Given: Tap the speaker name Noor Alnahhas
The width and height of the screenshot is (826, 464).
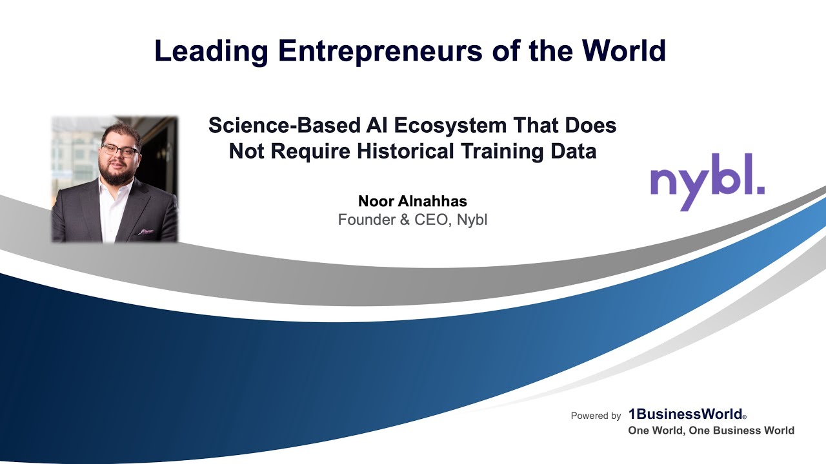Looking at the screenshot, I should tap(412, 200).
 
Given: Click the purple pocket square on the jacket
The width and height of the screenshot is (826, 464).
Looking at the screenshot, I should tap(146, 230).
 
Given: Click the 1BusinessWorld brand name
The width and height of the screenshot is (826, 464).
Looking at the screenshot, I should tap(686, 415).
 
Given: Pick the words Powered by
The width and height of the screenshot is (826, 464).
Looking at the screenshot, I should tap(596, 416).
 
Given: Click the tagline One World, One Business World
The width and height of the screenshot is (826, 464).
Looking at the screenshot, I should tap(711, 430).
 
